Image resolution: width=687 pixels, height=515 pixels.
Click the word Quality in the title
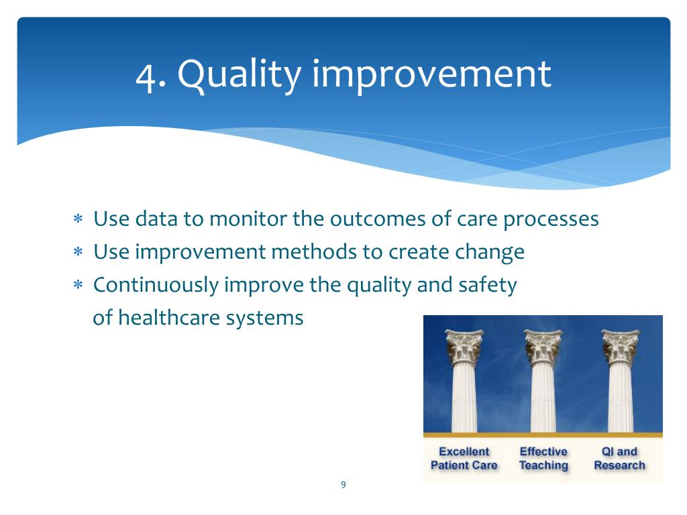coord(240,75)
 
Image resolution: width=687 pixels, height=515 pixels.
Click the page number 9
coord(343,484)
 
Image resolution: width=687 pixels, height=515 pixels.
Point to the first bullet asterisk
coord(78,219)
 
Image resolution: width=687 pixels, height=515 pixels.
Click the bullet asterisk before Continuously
coord(78,285)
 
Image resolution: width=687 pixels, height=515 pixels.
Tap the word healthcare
coord(168,317)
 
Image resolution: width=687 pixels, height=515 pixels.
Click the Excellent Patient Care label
coord(464,459)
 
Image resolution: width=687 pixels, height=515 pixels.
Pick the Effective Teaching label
coord(543,459)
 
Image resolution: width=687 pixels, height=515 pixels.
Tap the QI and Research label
coord(619,459)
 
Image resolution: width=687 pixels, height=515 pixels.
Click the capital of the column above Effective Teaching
coord(543,347)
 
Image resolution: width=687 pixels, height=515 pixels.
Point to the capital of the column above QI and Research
coord(621,347)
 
